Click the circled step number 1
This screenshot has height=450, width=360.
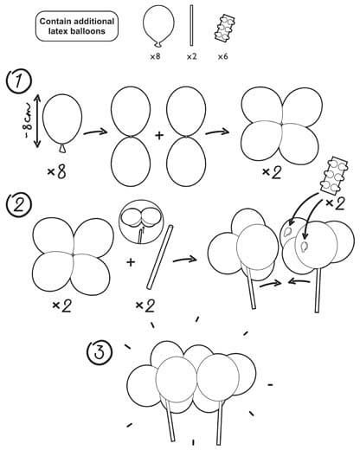(x=19, y=81)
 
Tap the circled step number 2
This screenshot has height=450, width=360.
(x=19, y=206)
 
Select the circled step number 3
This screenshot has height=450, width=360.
(x=100, y=352)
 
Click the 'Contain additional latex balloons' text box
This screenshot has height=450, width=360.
(x=77, y=26)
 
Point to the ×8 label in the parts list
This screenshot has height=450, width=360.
(x=155, y=56)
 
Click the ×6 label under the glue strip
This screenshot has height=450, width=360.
(x=222, y=56)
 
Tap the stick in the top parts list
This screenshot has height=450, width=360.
(x=191, y=25)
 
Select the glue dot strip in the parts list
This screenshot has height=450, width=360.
(x=225, y=29)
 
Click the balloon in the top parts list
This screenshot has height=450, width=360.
(x=158, y=26)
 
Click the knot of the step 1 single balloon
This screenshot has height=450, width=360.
(x=62, y=148)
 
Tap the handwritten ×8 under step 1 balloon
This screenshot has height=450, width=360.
(x=57, y=172)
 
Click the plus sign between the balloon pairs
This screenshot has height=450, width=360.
(x=159, y=135)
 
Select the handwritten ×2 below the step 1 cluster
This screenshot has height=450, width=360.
(x=272, y=173)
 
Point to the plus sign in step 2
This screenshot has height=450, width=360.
(x=131, y=262)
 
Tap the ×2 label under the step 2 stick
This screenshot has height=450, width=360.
(x=145, y=305)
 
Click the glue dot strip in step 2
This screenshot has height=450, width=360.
(x=334, y=175)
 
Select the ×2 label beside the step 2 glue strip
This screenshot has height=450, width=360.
(x=335, y=203)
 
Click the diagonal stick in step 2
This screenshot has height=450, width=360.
(x=160, y=257)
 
